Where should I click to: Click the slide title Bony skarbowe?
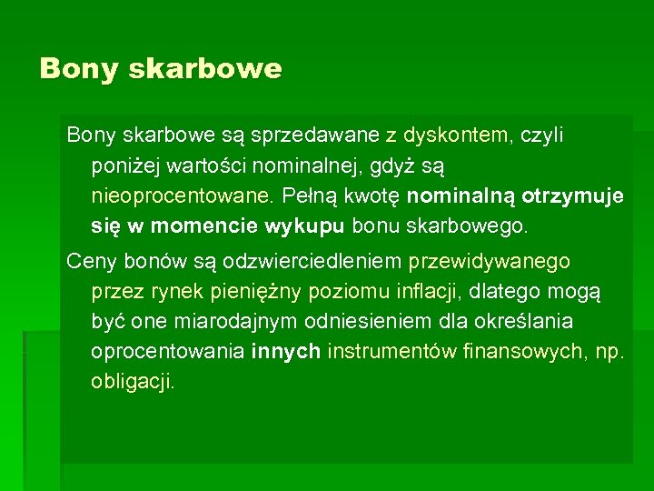click(161, 69)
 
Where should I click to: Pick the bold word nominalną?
click(461, 196)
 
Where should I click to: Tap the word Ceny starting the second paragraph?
click(90, 262)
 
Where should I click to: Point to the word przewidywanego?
click(490, 262)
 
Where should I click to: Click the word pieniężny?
click(306, 292)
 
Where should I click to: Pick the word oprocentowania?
click(167, 352)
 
